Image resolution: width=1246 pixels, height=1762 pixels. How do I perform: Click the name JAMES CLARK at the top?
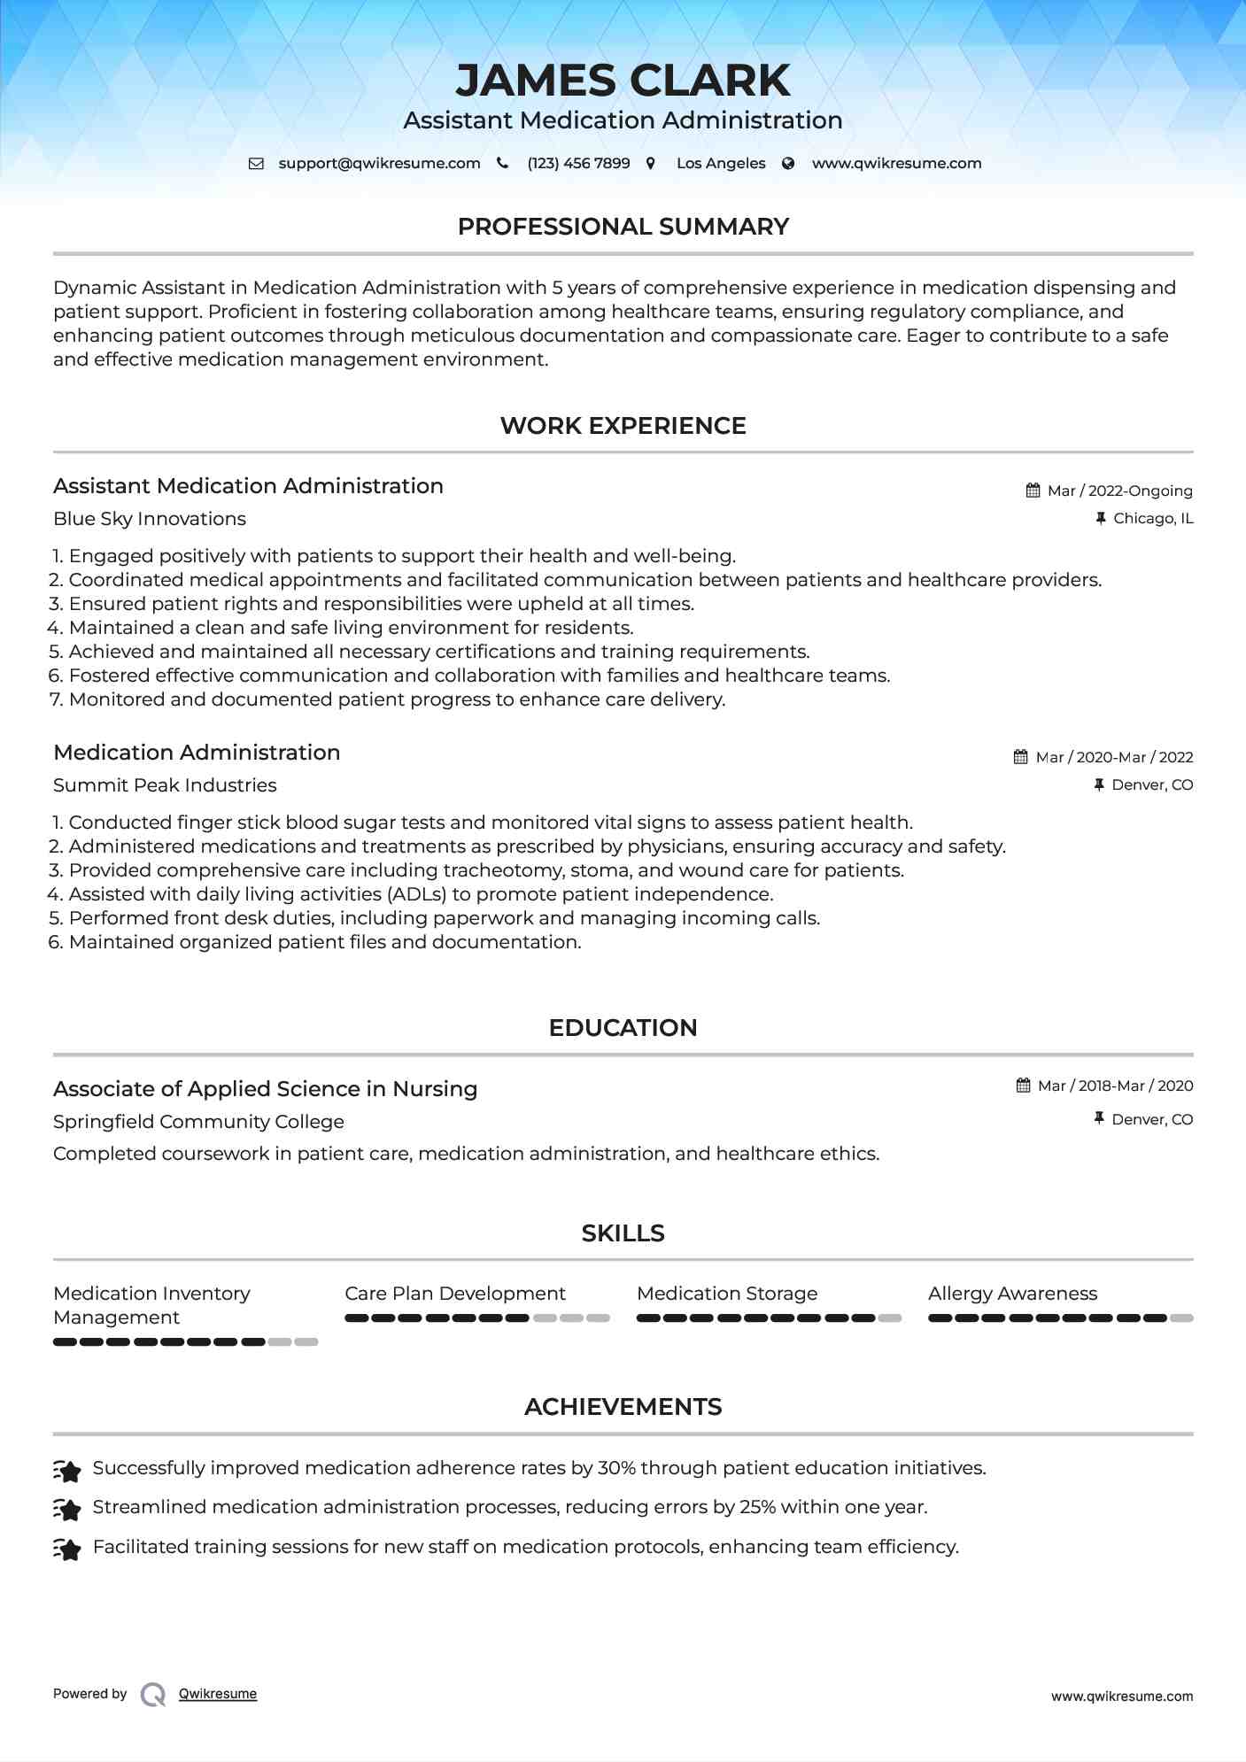(x=623, y=81)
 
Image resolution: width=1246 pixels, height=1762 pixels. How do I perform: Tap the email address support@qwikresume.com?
(x=379, y=163)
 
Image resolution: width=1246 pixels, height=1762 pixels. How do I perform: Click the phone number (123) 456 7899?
(x=578, y=163)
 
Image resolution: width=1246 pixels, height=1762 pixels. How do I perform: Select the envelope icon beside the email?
(x=256, y=163)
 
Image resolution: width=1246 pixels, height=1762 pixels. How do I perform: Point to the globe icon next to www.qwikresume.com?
(x=788, y=163)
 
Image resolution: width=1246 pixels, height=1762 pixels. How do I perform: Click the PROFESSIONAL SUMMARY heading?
(x=623, y=227)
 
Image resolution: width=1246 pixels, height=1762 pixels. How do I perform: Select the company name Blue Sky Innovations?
(x=150, y=519)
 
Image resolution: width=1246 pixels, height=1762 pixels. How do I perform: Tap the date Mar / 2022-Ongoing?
(x=1119, y=491)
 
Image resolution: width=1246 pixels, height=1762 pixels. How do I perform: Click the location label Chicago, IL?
(x=1152, y=518)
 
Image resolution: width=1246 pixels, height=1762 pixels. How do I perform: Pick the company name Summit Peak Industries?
(x=165, y=785)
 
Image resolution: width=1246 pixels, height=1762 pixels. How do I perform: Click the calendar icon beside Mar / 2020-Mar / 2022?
(x=1020, y=757)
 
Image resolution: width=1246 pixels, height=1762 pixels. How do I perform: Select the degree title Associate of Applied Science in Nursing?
(x=265, y=1089)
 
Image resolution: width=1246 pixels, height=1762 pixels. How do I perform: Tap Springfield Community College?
(x=198, y=1122)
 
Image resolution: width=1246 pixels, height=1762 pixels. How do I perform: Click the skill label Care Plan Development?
(x=455, y=1294)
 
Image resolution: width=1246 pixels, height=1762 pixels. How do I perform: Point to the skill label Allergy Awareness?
(x=1012, y=1294)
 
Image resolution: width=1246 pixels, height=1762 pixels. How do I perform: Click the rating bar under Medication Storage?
(x=769, y=1318)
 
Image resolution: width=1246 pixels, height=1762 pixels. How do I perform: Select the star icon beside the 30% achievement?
(x=67, y=1470)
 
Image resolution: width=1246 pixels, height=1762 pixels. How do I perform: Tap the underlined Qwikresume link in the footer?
(x=218, y=1694)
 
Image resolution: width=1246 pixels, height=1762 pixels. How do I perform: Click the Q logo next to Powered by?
(x=153, y=1694)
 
